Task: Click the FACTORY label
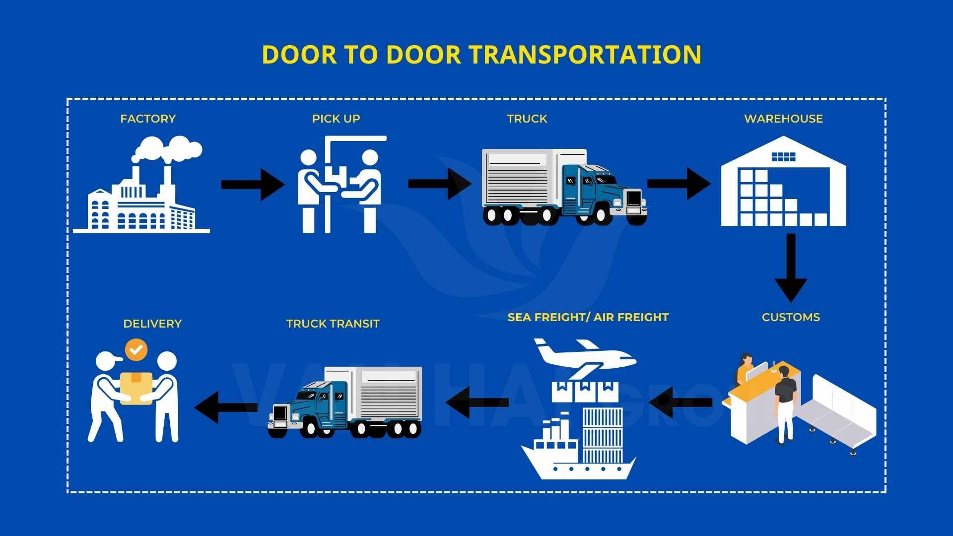148,119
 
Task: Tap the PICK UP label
336,119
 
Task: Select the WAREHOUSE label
783,119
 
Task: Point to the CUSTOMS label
791,317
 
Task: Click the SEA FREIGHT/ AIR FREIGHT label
588,317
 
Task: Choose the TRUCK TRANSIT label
333,324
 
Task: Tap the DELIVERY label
152,324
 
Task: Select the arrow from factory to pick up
252,184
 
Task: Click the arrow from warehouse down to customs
791,268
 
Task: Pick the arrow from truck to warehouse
679,184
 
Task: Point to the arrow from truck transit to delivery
226,407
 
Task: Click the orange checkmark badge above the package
136,350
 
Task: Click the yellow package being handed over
136,387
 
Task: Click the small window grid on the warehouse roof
783,157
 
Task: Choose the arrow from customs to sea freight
680,402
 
